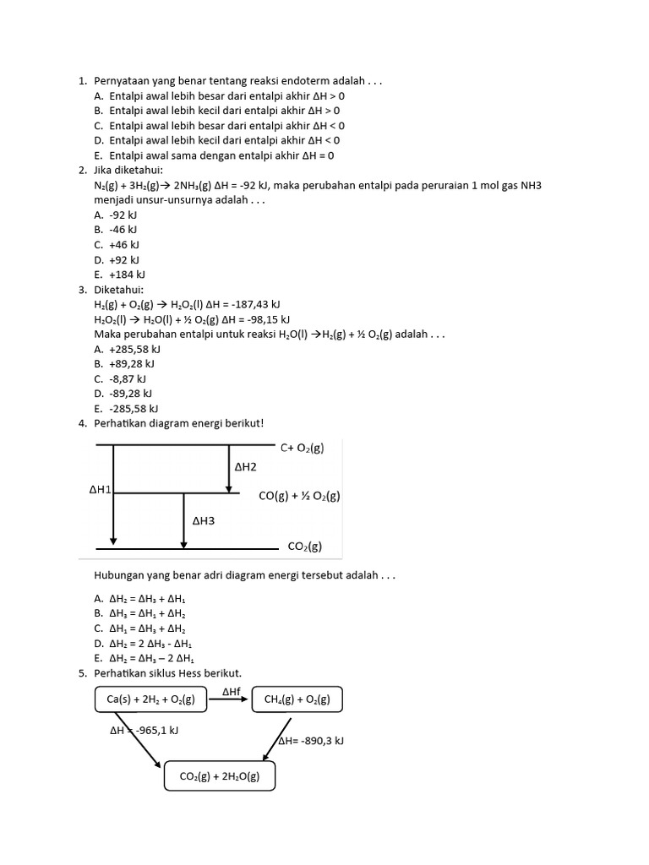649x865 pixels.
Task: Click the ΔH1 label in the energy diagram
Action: click(100, 489)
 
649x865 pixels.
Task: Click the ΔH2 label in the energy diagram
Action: click(245, 466)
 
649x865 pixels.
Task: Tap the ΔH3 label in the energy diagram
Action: click(204, 521)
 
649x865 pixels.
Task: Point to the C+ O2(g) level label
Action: click(302, 449)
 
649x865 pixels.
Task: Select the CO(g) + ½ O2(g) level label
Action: click(299, 496)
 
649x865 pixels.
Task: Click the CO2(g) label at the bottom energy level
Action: click(304, 546)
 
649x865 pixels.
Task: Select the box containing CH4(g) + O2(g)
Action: click(297, 699)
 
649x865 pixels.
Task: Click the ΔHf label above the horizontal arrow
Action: click(232, 692)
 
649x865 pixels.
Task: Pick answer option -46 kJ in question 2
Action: click(123, 230)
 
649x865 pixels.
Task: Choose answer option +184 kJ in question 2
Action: click(127, 275)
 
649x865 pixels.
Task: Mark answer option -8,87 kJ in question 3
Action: click(128, 378)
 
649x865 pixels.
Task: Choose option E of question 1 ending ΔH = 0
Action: click(215, 155)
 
